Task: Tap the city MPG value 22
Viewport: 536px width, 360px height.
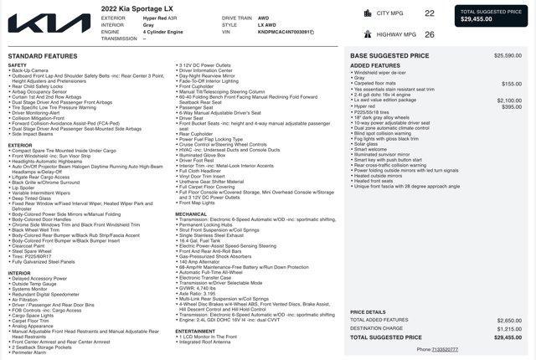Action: (430, 13)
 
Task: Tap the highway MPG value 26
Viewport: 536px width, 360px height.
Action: (430, 34)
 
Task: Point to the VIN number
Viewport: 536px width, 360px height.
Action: (285, 32)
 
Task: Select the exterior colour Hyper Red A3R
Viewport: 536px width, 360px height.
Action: (161, 18)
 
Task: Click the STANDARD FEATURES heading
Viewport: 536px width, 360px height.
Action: (42, 56)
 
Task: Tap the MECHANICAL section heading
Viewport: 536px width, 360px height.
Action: (191, 213)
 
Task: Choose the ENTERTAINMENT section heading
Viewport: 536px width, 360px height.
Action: (195, 331)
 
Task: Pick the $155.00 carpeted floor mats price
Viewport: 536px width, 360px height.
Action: (511, 84)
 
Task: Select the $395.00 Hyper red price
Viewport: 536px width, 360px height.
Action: (511, 106)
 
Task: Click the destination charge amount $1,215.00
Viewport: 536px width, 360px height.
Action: (508, 328)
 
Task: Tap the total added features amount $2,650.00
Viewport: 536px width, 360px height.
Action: (508, 320)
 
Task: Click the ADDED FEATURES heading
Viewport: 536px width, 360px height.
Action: (375, 65)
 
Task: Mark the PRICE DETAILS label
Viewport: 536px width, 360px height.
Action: (368, 311)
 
